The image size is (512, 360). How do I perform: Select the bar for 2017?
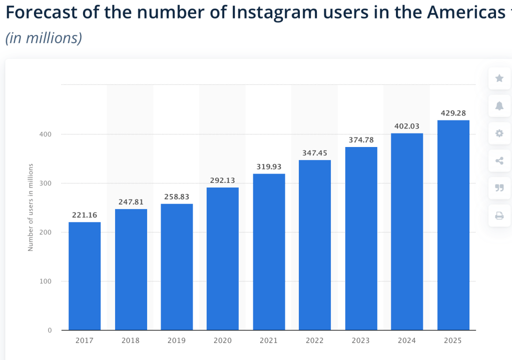(85, 276)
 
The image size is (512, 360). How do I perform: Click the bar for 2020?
(223, 258)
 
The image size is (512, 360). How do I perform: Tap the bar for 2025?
(453, 225)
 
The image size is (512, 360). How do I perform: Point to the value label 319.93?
(269, 166)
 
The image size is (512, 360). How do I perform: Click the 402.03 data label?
(407, 126)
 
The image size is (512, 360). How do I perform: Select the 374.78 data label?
(361, 139)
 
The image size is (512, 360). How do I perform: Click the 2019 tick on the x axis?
(177, 340)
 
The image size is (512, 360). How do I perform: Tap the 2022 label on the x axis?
(315, 340)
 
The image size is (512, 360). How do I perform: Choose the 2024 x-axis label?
(407, 340)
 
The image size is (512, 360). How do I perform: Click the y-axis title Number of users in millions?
(31, 207)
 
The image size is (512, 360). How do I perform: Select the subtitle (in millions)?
(44, 38)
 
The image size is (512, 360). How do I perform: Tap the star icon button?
(499, 78)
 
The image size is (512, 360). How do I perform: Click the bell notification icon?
(499, 105)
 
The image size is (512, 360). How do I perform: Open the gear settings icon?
(499, 133)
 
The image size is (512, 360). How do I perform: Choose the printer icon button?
(499, 216)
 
